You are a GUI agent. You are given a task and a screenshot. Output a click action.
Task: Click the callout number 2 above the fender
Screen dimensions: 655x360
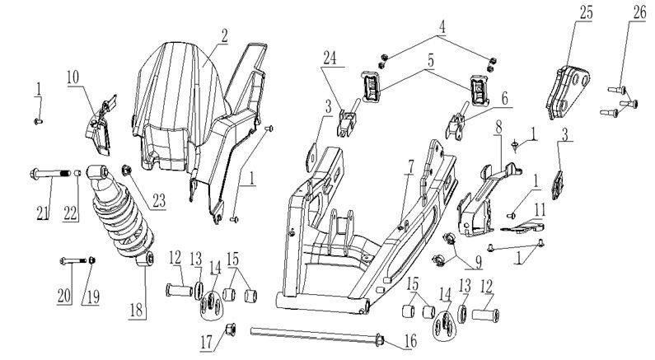click(225, 36)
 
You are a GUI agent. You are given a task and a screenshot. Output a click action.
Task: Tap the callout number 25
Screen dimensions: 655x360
click(586, 12)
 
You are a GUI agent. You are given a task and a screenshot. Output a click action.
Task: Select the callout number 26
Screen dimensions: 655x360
click(639, 12)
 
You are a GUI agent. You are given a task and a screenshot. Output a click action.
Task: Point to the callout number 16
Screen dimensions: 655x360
click(410, 341)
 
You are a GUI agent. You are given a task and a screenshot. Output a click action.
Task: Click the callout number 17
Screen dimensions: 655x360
click(207, 343)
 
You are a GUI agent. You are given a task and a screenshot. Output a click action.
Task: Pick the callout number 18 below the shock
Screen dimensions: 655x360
click(136, 311)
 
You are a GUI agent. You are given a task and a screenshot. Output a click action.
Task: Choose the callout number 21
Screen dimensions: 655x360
click(42, 213)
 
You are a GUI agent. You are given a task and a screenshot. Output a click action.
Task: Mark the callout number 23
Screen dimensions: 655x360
click(159, 200)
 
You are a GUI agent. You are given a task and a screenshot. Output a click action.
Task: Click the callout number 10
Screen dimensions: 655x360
click(73, 77)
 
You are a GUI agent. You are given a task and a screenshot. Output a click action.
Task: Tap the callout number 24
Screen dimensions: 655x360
click(330, 58)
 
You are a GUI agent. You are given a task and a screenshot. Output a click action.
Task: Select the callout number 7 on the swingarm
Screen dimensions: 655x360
click(410, 166)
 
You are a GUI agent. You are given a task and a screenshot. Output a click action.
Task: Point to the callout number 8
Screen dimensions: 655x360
click(498, 128)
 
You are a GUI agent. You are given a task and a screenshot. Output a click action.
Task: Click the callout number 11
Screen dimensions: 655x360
click(540, 209)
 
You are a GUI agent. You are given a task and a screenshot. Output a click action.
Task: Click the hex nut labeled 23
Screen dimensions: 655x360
click(126, 171)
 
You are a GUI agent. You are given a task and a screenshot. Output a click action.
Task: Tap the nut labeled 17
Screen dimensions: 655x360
click(230, 329)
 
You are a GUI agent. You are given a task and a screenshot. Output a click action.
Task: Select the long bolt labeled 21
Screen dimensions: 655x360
click(50, 173)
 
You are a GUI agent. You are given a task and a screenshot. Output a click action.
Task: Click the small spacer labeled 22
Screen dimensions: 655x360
click(77, 173)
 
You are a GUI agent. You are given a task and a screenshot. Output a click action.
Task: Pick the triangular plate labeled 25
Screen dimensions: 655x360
click(568, 91)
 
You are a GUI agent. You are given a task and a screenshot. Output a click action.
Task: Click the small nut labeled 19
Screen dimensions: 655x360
click(92, 260)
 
